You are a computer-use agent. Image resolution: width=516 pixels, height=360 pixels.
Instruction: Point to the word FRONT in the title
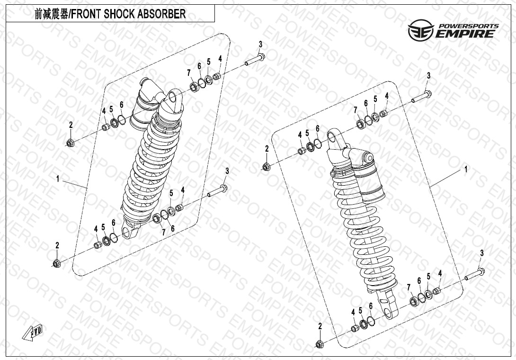coord(87,14)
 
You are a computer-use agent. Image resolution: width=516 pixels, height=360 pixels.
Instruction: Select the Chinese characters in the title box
coord(51,14)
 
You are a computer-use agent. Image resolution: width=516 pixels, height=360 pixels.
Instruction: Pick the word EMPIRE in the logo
coord(466,34)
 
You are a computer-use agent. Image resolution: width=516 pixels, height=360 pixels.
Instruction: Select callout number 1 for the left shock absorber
coord(58,179)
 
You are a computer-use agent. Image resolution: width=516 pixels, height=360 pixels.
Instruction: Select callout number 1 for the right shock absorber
coord(466,169)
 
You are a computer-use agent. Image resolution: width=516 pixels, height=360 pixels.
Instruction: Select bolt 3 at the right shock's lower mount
coord(475,274)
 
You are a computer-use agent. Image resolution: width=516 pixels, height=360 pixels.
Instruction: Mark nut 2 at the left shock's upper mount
coord(70,143)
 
